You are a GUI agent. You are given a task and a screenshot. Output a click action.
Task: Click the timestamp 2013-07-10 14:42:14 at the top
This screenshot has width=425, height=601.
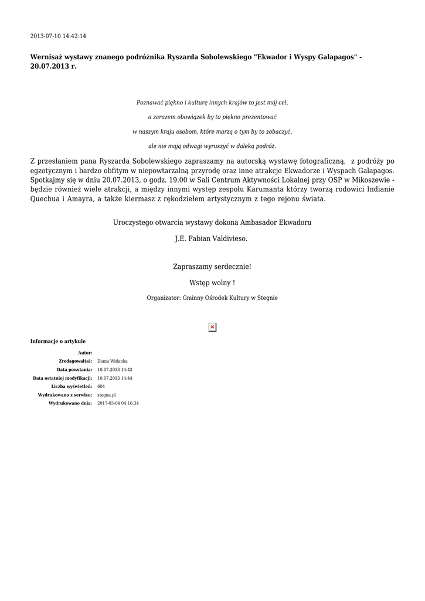pyautogui.click(x=58, y=36)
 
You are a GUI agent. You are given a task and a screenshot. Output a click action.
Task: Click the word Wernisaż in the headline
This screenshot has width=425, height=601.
pyautogui.click(x=49, y=58)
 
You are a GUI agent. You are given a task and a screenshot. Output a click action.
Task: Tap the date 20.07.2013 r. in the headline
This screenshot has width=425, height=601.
pyautogui.click(x=53, y=66)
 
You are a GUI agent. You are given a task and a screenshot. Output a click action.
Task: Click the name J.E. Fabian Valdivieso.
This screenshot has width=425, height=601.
pyautogui.click(x=212, y=239)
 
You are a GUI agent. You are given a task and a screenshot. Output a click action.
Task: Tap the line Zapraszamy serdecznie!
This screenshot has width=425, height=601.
pyautogui.click(x=212, y=266)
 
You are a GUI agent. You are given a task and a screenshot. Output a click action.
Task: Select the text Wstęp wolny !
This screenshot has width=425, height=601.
pyautogui.click(x=212, y=283)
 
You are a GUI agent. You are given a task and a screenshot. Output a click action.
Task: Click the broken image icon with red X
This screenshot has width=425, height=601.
pyautogui.click(x=212, y=327)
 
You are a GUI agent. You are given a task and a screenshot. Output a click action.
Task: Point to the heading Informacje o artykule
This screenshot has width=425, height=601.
pyautogui.click(x=58, y=341)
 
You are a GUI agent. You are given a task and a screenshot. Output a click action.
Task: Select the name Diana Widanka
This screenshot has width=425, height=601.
pyautogui.click(x=112, y=361)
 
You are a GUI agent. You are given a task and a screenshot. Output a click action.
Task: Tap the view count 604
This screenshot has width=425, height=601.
pyautogui.click(x=101, y=387)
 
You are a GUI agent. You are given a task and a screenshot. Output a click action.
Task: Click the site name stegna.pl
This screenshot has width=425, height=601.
pyautogui.click(x=106, y=395)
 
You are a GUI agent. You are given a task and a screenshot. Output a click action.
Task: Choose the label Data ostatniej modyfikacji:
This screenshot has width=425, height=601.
pyautogui.click(x=63, y=378)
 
